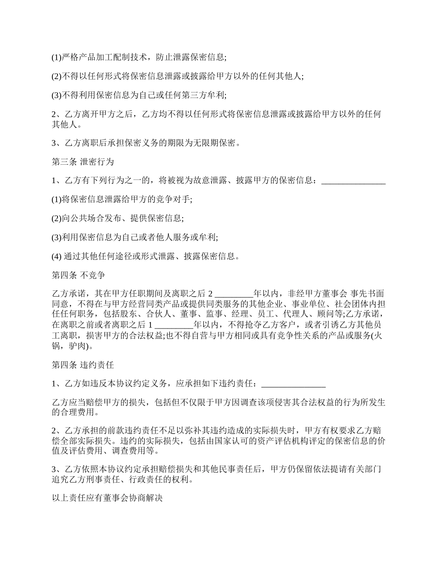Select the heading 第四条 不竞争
pyautogui.click(x=79, y=276)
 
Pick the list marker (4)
pyautogui.click(x=57, y=257)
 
